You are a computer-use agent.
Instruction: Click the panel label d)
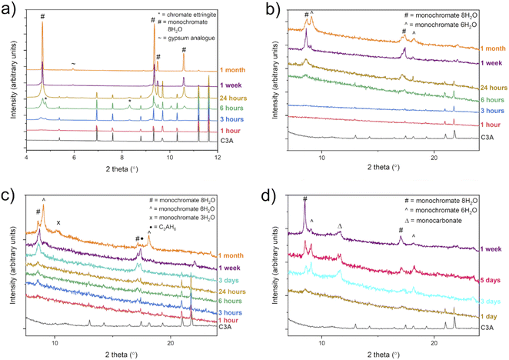tap(265, 190)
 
